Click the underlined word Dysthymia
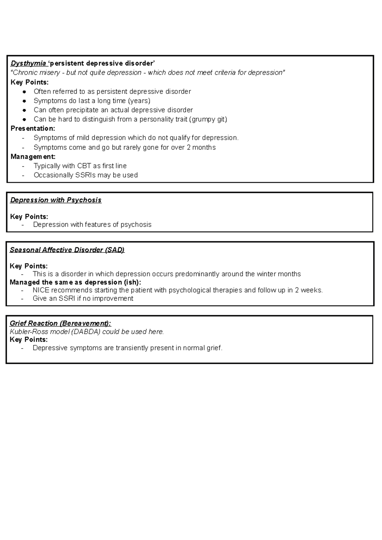28,63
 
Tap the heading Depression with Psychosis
56,200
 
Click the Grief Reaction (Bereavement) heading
60,323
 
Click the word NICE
41,290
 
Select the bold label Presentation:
33,128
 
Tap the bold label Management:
33,157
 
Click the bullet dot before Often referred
24,92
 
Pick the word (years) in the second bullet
139,101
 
